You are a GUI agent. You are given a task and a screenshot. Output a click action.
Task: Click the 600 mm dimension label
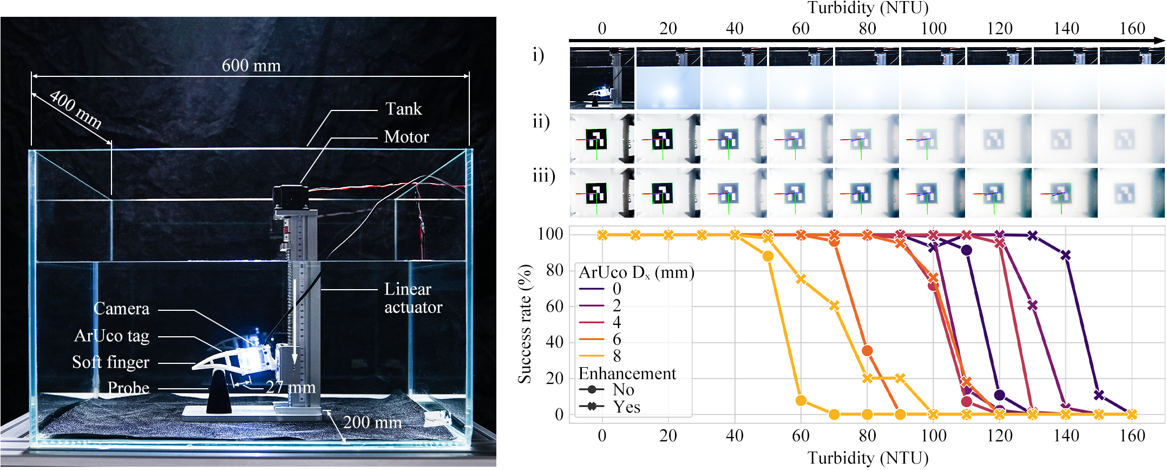(251, 66)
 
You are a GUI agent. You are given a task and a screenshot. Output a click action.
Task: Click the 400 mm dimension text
(75, 110)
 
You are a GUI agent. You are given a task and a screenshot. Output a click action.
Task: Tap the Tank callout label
(403, 109)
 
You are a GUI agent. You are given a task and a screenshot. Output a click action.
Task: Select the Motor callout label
(406, 136)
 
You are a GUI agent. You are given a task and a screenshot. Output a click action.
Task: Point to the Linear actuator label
(412, 298)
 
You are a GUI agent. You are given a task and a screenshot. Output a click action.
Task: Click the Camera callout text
(121, 309)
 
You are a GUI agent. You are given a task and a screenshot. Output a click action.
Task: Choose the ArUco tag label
(112, 336)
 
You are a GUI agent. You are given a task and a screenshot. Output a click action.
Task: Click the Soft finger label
(110, 362)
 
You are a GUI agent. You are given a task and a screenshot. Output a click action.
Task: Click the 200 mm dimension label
(372, 422)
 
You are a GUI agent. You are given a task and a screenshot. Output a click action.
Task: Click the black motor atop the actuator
(290, 197)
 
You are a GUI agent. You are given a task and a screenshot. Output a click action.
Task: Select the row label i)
(538, 55)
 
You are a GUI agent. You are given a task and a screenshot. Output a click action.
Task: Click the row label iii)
(543, 176)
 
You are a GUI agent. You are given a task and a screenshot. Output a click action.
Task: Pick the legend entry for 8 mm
(617, 356)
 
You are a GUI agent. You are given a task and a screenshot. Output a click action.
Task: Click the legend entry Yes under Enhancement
(626, 407)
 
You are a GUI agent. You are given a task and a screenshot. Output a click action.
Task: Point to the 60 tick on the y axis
(554, 306)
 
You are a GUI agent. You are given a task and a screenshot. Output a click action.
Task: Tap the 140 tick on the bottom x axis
(1066, 436)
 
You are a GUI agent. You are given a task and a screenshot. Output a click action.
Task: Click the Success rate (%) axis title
(525, 324)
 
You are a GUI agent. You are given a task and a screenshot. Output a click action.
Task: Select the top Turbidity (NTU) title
(868, 8)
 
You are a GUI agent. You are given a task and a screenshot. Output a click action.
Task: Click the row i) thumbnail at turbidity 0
(602, 79)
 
